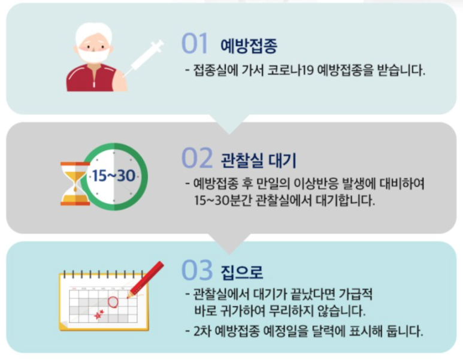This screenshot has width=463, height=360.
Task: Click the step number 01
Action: click(195, 43)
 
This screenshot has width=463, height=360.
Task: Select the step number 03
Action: click(196, 270)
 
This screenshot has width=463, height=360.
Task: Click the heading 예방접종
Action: click(249, 46)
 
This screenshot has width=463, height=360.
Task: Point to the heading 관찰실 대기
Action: click(258, 161)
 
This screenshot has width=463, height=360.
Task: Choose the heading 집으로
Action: click(242, 273)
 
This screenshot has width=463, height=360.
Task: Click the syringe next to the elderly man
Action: click(143, 58)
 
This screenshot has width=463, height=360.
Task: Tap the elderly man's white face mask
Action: click(94, 55)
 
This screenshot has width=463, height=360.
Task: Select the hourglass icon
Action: click(75, 183)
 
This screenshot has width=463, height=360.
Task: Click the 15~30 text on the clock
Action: click(114, 176)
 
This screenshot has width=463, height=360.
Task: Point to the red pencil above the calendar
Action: click(146, 279)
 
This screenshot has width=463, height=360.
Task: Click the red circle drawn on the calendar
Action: click(113, 302)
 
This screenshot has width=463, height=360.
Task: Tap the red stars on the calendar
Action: click(99, 314)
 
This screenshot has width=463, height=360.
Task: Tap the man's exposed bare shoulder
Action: click(120, 79)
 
